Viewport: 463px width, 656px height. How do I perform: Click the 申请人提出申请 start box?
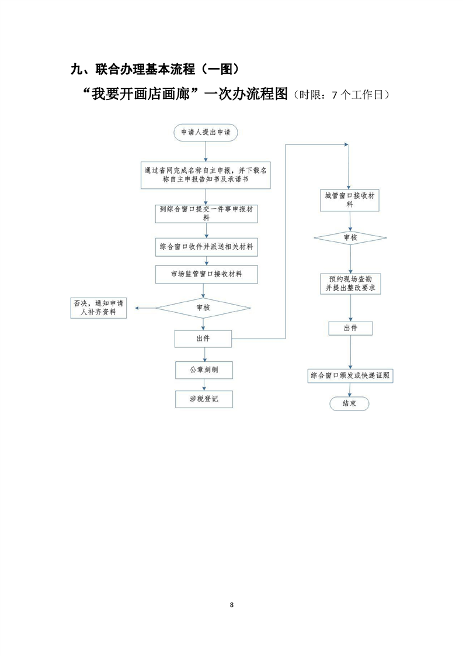tap(206, 133)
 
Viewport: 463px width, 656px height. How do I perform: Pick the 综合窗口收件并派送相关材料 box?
tap(206, 247)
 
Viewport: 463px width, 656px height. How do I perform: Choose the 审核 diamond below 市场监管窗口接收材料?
tap(203, 308)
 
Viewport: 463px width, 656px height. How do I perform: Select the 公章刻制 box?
tap(204, 370)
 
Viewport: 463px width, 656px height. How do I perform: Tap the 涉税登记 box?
tap(204, 399)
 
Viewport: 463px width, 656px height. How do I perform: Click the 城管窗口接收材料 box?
tap(350, 201)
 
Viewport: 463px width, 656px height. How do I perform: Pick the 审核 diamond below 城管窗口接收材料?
tap(350, 238)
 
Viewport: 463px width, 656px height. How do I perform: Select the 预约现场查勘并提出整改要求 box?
tap(350, 284)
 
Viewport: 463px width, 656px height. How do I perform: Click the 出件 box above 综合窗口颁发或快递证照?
tap(350, 328)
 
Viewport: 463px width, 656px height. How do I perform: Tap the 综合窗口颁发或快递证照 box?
tap(350, 376)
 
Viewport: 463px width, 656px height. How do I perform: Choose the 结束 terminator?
tap(350, 404)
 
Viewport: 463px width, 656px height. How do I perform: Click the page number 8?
tap(232, 604)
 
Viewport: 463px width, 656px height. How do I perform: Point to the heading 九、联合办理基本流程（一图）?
tap(156, 70)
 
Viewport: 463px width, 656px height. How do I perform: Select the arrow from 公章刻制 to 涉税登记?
tap(204, 385)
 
